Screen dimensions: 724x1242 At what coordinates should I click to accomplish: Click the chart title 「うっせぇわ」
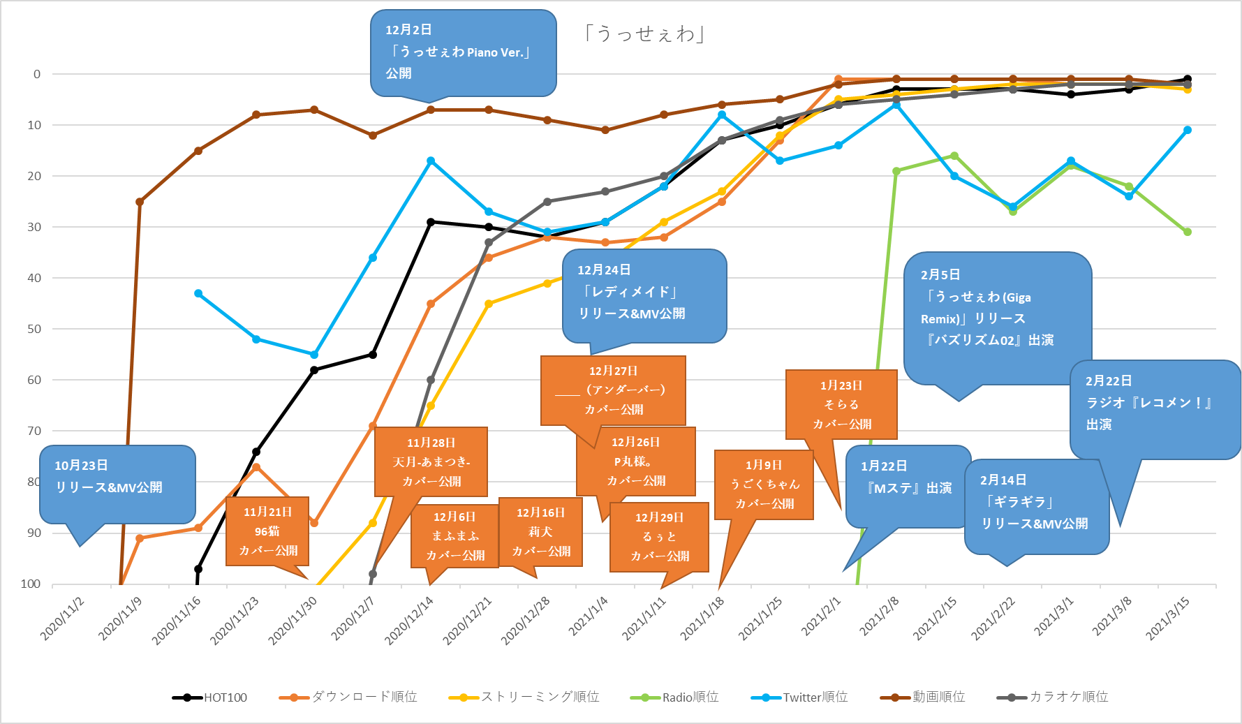644,34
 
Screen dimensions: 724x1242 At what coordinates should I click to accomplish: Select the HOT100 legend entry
210,697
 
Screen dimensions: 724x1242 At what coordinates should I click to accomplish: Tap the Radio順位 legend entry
674,697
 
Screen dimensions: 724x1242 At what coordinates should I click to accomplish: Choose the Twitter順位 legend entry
800,697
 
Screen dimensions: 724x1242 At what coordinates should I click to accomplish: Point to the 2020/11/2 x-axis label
63,618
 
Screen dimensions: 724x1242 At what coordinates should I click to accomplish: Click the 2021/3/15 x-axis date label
1168,618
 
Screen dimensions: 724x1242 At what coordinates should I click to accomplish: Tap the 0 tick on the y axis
37,74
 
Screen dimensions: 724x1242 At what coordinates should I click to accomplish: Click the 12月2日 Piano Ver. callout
463,52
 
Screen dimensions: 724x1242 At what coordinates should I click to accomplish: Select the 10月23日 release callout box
117,484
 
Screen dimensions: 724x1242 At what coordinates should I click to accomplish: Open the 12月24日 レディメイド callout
644,296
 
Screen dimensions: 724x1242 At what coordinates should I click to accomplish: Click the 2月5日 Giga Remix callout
997,318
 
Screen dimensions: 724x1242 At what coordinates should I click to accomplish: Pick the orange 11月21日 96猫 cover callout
267,531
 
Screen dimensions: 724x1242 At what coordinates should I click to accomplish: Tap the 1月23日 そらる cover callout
841,405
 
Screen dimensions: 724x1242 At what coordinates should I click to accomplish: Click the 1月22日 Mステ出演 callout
908,487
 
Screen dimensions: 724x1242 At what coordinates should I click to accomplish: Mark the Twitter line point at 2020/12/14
431,161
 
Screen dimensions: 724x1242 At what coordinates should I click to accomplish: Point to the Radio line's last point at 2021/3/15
1187,232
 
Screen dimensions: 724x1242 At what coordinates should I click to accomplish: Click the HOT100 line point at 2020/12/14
431,222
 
